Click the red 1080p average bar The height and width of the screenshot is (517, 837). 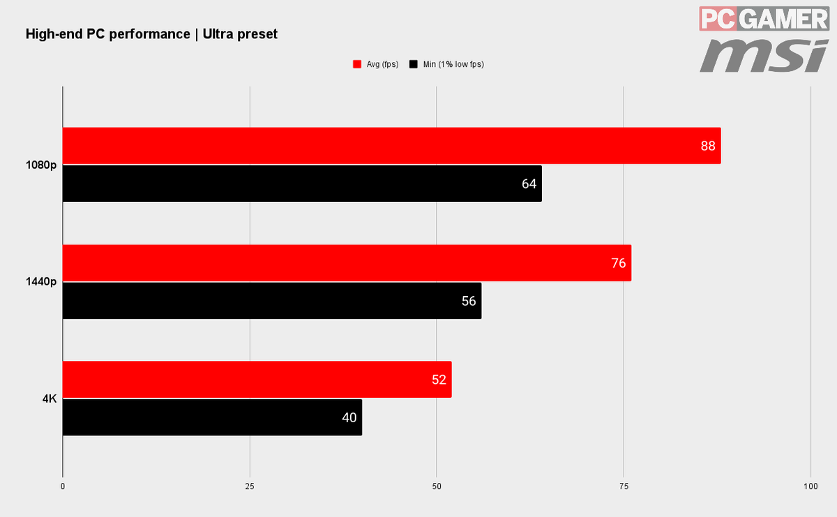(391, 146)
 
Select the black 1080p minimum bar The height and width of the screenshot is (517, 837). (302, 184)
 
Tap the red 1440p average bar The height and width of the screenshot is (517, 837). (347, 263)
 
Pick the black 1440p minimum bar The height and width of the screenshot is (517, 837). (272, 301)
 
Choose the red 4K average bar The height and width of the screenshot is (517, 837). (257, 379)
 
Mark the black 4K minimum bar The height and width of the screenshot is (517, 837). (212, 417)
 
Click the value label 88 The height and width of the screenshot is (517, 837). (708, 146)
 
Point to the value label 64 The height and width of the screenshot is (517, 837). (529, 184)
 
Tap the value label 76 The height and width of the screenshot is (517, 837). (619, 263)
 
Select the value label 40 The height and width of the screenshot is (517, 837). (349, 417)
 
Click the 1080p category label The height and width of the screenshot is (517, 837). (41, 165)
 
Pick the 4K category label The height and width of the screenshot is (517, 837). (50, 399)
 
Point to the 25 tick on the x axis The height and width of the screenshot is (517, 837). (250, 486)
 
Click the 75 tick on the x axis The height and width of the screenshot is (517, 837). (624, 486)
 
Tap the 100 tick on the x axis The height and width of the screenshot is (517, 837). (810, 486)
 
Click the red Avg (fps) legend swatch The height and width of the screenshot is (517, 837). (357, 64)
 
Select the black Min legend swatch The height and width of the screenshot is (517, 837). (413, 64)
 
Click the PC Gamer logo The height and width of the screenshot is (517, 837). (764, 19)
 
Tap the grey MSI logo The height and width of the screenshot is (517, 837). (764, 56)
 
